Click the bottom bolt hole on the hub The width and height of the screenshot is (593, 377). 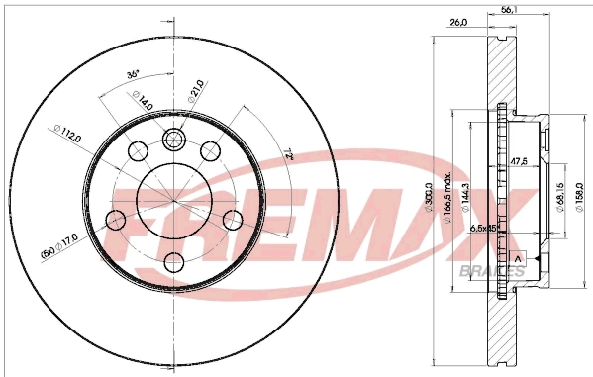point(173,262)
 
